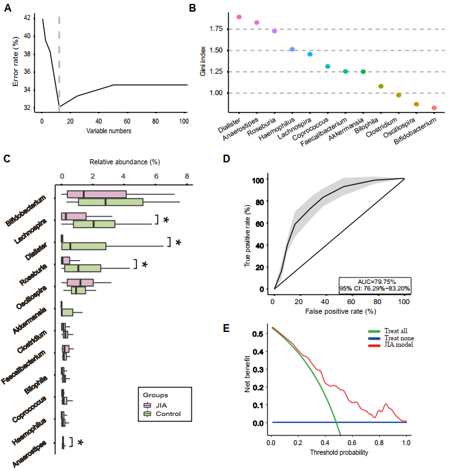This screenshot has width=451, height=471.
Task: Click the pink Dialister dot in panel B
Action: coord(239,17)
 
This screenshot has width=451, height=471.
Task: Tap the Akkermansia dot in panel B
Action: coord(363,72)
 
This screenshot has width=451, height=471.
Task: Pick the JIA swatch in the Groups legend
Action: coord(147,404)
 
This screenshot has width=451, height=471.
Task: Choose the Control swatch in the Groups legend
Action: coord(147,413)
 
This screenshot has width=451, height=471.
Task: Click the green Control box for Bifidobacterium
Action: coord(110,202)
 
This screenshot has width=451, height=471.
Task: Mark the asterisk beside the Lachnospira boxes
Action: coord(166,220)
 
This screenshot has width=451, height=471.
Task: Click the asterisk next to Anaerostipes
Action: coord(81,443)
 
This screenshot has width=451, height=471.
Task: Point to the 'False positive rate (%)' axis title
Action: coord(338,312)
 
